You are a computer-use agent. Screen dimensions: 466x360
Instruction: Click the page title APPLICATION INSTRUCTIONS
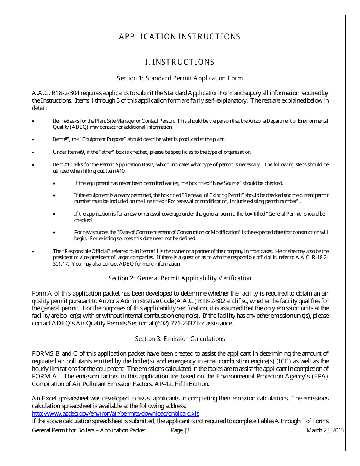pyautogui.click(x=180, y=37)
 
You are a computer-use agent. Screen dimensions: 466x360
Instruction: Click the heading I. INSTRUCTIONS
pyautogui.click(x=180, y=62)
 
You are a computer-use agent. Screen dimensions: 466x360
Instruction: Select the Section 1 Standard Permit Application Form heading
pyautogui.click(x=180, y=78)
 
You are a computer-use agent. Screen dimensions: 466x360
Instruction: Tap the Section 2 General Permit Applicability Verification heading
pyautogui.click(x=180, y=278)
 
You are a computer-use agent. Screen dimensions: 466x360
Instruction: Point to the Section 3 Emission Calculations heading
pyautogui.click(x=180, y=339)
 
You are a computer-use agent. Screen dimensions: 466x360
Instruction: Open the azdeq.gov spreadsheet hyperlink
pyautogui.click(x=116, y=413)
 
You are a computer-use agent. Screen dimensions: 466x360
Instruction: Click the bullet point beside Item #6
pyautogui.click(x=33, y=121)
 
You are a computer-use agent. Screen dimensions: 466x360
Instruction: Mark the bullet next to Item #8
pyautogui.click(x=33, y=139)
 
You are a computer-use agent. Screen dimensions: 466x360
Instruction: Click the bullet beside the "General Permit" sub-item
pyautogui.click(x=55, y=214)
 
